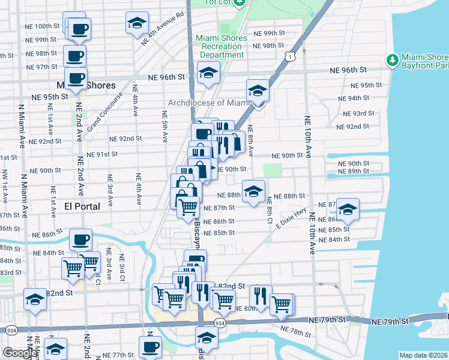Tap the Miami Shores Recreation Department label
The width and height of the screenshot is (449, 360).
pyautogui.click(x=220, y=47)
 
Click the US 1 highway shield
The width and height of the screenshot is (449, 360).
pyautogui.click(x=290, y=56)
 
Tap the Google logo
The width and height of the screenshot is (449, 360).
pyautogui.click(x=20, y=353)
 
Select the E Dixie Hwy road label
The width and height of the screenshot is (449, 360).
pyautogui.click(x=292, y=217)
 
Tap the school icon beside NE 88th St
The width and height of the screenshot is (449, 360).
pyautogui.click(x=253, y=192)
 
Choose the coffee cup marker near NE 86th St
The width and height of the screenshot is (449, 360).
pyautogui.click(x=80, y=239)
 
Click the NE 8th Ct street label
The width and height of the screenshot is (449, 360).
pyautogui.click(x=270, y=207)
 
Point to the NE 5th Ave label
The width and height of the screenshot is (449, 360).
pyautogui.click(x=164, y=126)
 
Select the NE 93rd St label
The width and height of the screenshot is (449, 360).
pyautogui.click(x=358, y=113)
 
